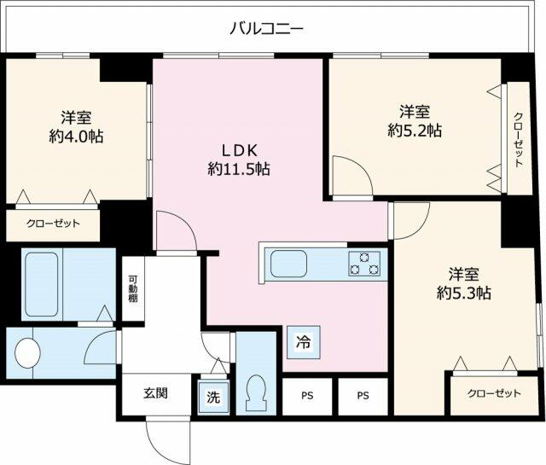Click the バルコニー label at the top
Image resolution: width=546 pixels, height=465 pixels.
(266, 29)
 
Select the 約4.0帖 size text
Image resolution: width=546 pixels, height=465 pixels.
(76, 136)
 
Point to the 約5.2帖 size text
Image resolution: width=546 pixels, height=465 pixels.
(415, 131)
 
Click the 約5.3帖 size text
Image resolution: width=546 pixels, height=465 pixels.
(464, 293)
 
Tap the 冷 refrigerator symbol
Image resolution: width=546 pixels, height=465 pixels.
(303, 342)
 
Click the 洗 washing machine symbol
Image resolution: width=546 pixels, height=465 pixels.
(213, 398)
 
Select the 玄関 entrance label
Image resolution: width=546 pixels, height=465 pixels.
(155, 393)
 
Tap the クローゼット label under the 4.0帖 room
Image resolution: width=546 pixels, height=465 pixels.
(53, 224)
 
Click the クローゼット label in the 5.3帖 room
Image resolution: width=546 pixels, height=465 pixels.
(495, 393)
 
